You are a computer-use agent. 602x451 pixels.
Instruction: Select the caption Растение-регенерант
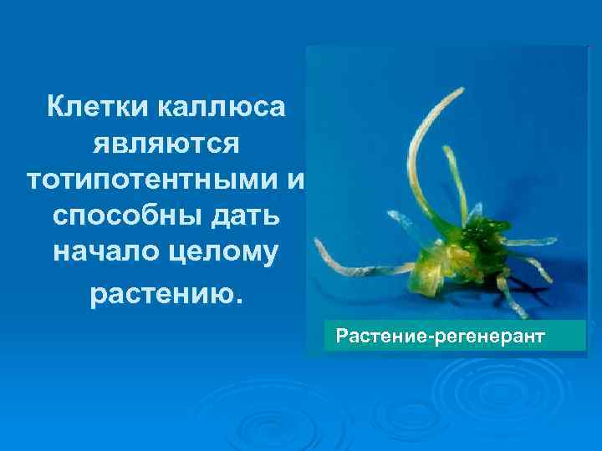click(439, 337)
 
